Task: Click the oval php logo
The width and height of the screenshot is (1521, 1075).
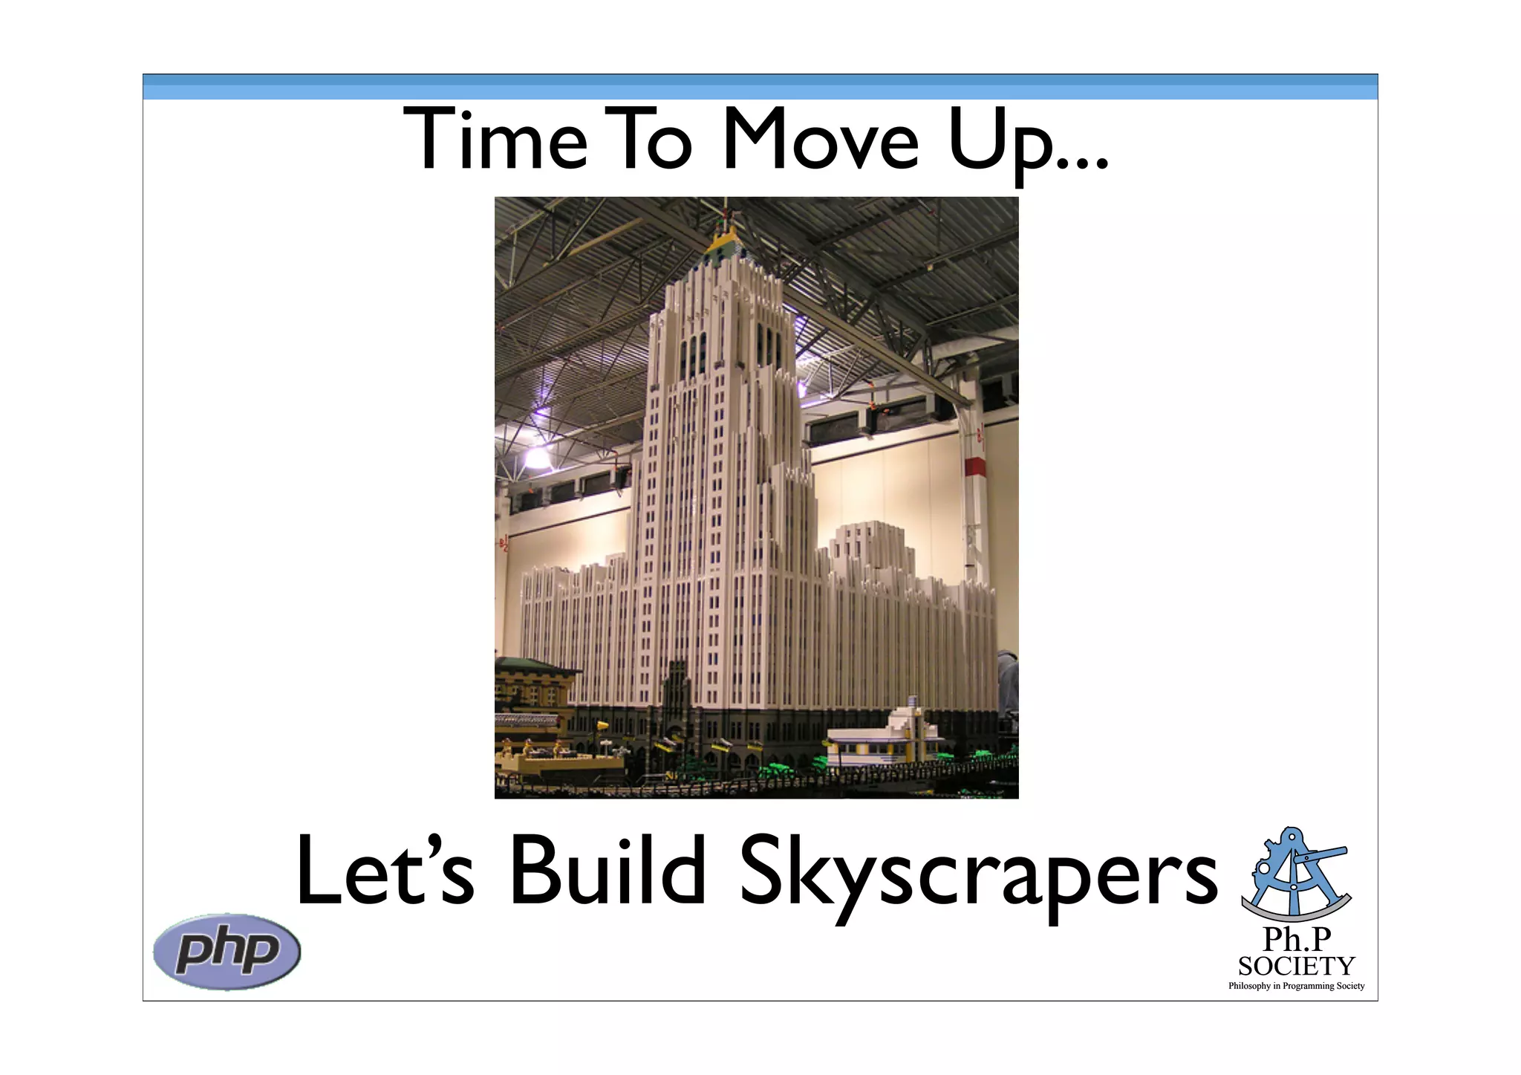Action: coord(227,952)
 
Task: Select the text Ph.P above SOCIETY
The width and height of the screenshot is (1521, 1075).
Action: coord(1297,940)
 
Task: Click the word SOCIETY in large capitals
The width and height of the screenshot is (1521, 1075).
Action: coord(1297,966)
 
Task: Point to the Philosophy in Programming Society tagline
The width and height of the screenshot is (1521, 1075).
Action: coord(1297,986)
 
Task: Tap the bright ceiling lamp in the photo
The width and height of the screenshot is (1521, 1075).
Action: coord(536,455)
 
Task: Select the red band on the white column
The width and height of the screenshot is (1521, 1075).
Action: coord(974,467)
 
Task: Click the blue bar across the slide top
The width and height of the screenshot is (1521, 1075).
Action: coord(760,87)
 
